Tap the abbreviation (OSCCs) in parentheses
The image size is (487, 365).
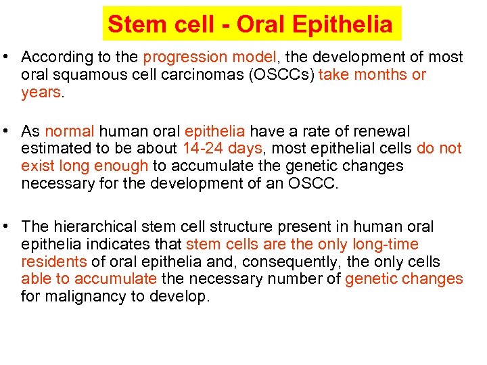tap(279, 75)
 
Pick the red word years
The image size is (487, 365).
tap(41, 93)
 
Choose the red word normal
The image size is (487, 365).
tap(69, 131)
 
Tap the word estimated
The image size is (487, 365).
tap(53, 149)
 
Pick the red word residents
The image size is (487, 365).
tap(53, 262)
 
